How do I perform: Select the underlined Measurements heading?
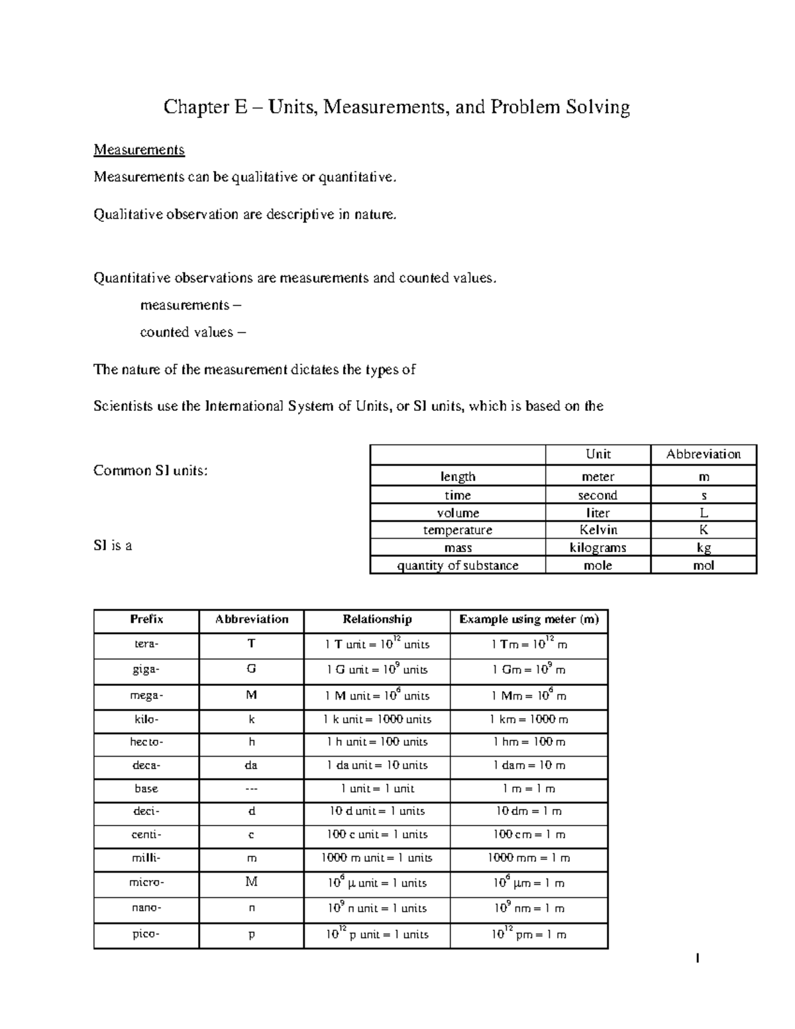tap(138, 150)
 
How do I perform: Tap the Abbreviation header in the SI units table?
tap(703, 454)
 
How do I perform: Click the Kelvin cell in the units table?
tap(598, 530)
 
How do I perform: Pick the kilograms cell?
tap(598, 547)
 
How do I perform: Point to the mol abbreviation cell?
tap(703, 565)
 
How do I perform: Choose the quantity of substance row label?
tap(457, 565)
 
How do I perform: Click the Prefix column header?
tap(146, 620)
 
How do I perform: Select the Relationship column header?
tap(377, 620)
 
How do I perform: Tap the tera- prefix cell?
tap(146, 644)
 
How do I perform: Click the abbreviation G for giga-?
tap(251, 669)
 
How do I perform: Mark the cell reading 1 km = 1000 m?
tap(529, 720)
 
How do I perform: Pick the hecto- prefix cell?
tap(146, 742)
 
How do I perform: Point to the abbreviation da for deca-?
tap(251, 765)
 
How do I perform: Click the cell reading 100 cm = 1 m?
tap(529, 835)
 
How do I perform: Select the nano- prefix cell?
tap(146, 908)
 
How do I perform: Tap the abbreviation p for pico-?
tap(251, 934)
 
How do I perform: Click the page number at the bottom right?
tap(696, 958)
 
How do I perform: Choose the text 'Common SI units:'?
tap(150, 470)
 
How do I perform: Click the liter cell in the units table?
tap(598, 513)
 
